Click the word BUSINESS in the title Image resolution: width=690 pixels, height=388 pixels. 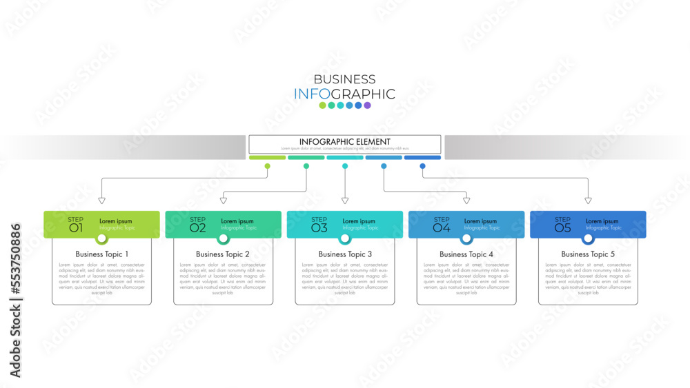click(x=344, y=79)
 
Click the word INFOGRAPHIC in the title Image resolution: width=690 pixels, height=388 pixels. click(x=344, y=94)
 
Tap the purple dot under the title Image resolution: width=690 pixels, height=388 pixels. click(x=368, y=105)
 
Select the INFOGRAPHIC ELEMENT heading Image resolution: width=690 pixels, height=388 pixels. click(x=344, y=142)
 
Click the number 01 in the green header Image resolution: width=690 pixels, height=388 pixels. click(x=76, y=227)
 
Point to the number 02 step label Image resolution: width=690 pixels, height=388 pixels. click(x=197, y=227)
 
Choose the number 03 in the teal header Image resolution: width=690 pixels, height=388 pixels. click(x=319, y=227)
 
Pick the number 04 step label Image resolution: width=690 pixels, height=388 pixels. click(x=441, y=227)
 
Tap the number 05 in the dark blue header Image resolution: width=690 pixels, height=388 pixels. click(x=562, y=227)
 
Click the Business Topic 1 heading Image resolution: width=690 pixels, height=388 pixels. click(x=102, y=254)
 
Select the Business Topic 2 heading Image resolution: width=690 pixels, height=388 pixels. click(x=223, y=254)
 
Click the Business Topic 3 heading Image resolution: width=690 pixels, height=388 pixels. click(x=345, y=254)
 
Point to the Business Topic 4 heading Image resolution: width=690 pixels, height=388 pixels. click(x=466, y=254)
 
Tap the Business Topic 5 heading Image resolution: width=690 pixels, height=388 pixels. click(x=588, y=254)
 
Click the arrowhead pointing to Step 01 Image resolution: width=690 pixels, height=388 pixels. click(x=102, y=201)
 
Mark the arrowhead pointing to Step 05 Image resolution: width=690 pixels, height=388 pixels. click(x=588, y=201)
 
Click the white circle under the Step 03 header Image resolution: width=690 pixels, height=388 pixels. click(x=345, y=238)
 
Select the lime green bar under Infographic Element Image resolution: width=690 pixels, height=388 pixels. click(x=267, y=157)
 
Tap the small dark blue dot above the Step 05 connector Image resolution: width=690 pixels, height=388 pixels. click(x=422, y=166)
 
